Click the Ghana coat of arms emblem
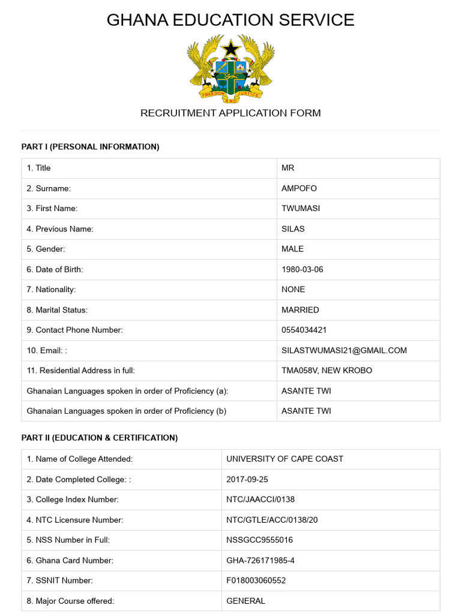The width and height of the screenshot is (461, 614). pos(230,67)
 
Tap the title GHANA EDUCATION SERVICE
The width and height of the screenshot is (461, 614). pos(230,20)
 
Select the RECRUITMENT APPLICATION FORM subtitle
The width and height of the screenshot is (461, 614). pos(230,113)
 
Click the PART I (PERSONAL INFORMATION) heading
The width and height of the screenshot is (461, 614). pos(90,147)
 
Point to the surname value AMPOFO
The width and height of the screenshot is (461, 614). pos(299,188)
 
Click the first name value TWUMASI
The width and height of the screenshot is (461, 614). pos(300,209)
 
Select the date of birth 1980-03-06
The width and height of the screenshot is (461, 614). pos(302,269)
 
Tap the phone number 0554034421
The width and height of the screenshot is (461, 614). pos(304,330)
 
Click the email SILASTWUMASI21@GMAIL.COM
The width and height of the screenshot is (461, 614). pos(344,350)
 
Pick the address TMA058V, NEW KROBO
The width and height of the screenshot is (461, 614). pos(327,371)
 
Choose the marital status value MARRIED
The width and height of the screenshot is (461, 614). pos(300,310)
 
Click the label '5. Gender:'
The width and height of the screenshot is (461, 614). pos(46,249)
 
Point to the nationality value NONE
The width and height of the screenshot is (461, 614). pos(293,290)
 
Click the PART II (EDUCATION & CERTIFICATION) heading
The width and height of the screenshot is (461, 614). pos(100,438)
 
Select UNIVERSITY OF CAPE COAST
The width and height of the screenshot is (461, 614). pos(285,459)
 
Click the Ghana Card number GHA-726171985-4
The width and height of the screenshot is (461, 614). pos(261,561)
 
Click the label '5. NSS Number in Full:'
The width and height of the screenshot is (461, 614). pos(68,540)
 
